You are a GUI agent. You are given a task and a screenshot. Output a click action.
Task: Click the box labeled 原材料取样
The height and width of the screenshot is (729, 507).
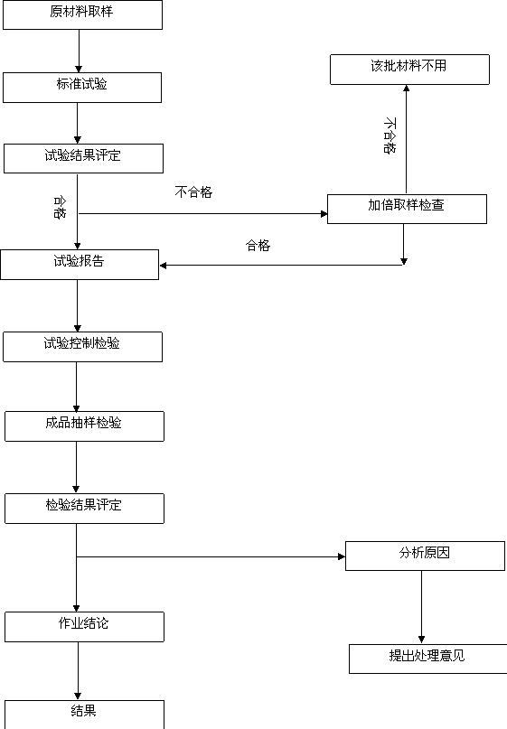(x=83, y=14)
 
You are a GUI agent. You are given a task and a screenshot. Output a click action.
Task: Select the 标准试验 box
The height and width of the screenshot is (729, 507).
(x=82, y=88)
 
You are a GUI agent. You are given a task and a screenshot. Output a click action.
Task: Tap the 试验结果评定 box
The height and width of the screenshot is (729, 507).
(x=84, y=159)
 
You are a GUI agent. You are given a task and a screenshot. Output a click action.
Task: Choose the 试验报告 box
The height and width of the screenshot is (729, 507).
(x=80, y=265)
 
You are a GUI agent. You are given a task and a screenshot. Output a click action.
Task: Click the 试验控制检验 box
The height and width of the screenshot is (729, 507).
(x=83, y=347)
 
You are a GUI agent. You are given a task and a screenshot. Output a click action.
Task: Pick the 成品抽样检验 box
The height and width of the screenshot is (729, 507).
(x=84, y=426)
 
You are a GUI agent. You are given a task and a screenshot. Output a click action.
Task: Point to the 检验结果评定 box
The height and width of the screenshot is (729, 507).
(x=84, y=509)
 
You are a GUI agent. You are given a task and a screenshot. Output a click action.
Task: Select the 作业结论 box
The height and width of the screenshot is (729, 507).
(x=84, y=627)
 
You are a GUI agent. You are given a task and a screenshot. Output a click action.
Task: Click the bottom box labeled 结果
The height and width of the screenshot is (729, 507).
(x=84, y=715)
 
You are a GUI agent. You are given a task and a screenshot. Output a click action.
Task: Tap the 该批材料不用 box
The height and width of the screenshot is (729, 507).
(x=409, y=70)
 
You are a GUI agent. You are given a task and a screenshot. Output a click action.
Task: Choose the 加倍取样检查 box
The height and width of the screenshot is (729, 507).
(x=407, y=210)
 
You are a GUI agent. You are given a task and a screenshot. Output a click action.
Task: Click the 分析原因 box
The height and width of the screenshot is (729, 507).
(x=425, y=556)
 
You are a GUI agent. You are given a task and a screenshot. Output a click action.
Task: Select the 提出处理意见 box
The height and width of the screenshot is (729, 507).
(x=428, y=659)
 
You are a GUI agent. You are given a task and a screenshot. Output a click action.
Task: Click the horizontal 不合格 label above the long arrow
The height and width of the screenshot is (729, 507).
(x=193, y=192)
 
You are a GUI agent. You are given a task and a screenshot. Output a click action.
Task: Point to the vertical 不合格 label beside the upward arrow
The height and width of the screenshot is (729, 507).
(x=390, y=136)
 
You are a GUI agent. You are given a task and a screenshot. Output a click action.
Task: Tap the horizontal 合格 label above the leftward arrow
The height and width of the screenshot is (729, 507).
(x=258, y=246)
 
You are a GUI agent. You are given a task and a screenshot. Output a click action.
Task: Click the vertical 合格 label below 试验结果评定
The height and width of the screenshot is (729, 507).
(x=60, y=208)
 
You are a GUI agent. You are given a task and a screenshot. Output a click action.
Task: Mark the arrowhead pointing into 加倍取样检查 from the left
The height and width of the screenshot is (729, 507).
(x=324, y=214)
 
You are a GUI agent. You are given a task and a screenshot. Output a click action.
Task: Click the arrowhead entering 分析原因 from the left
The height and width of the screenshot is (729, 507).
(x=342, y=556)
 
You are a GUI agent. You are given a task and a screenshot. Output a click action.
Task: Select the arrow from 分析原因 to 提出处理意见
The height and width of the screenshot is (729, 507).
(x=422, y=607)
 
